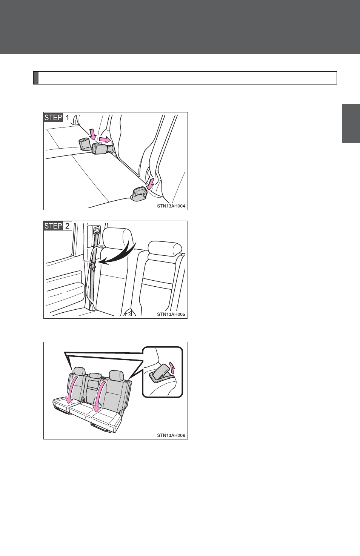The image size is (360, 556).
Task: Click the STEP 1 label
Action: coord(58,117)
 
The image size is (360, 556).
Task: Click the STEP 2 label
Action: coord(58,226)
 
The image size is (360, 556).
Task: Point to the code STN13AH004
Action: coord(171,206)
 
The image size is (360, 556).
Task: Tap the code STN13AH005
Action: coord(171,314)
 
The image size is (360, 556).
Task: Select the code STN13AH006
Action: coord(171,435)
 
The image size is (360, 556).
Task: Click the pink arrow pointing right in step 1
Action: coord(105,140)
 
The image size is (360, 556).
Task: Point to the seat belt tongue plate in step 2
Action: coord(93,265)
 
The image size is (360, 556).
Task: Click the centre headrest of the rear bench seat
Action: coord(95,376)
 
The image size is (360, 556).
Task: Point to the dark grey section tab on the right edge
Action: coord(351,124)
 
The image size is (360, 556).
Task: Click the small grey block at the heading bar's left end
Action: coord(36,78)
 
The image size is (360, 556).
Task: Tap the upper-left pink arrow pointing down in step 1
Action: coord(93,134)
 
